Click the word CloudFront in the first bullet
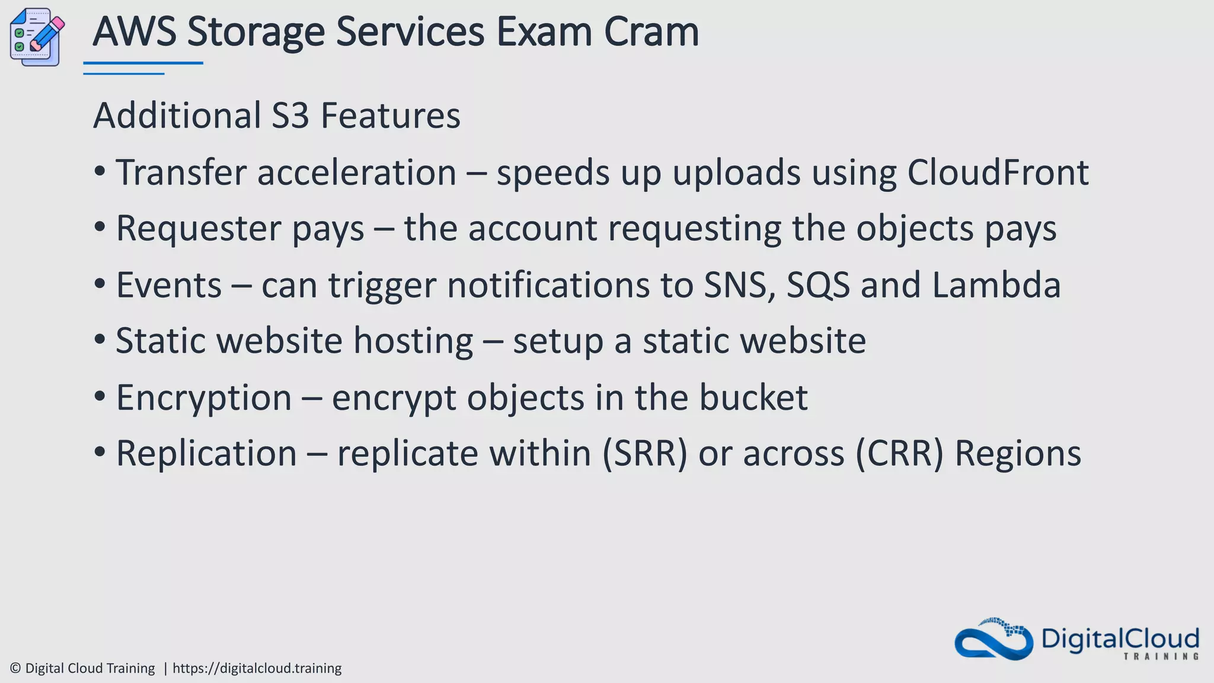pyautogui.click(x=998, y=173)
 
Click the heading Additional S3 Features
pyautogui.click(x=276, y=115)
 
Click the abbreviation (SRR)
pyautogui.click(x=645, y=454)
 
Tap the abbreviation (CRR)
pyautogui.click(x=899, y=454)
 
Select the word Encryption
pyautogui.click(x=204, y=397)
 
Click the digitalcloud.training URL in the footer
pyautogui.click(x=257, y=668)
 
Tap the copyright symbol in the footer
pyautogui.click(x=15, y=668)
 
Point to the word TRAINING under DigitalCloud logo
pyautogui.click(x=1161, y=656)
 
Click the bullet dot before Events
pyautogui.click(x=100, y=284)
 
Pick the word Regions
pyautogui.click(x=1018, y=454)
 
